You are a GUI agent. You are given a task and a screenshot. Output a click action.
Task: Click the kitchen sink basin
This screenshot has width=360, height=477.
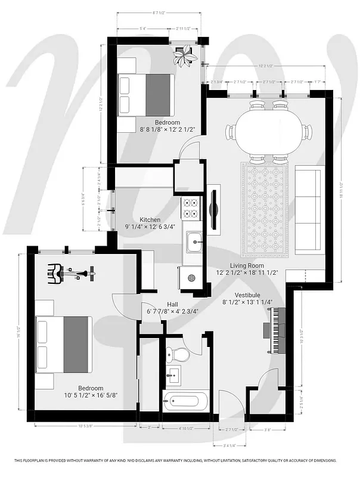pyautogui.click(x=193, y=242)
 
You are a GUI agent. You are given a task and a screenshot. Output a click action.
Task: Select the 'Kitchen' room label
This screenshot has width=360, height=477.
pyautogui.click(x=149, y=219)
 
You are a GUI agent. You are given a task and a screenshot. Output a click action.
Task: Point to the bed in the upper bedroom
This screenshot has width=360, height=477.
pyautogui.click(x=145, y=95)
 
